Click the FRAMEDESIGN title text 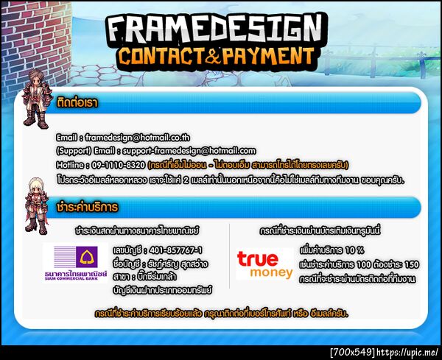coord(216,29)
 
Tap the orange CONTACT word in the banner coord(161,55)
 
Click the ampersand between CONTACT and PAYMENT coord(213,56)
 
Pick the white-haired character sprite coord(36,205)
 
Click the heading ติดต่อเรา coord(77,102)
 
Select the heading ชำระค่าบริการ coord(87,207)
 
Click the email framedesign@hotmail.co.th coord(137,138)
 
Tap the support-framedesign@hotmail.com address coord(189,151)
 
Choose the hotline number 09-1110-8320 coord(119,165)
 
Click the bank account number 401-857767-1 coord(176,250)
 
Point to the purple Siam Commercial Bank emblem coord(87,257)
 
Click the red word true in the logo coord(257,259)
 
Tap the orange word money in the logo coord(271,272)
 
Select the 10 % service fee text coord(354,250)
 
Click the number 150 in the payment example coord(412,264)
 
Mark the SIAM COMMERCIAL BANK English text coord(71,278)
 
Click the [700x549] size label coord(352,353)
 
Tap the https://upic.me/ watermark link coord(407,353)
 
